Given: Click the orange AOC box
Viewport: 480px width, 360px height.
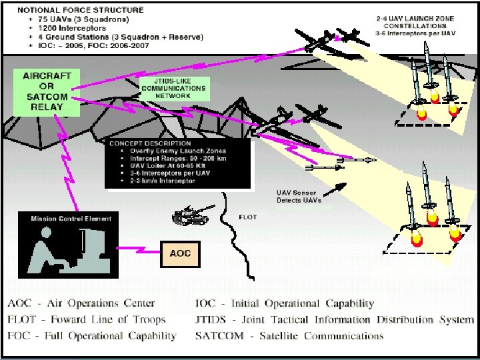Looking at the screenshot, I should click(x=180, y=254).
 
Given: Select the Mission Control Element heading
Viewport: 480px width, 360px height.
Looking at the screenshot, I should click(x=71, y=219).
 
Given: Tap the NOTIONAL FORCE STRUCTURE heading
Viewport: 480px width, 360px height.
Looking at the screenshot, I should click(x=80, y=10).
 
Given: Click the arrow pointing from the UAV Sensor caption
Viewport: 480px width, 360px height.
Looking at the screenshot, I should click(x=337, y=189).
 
